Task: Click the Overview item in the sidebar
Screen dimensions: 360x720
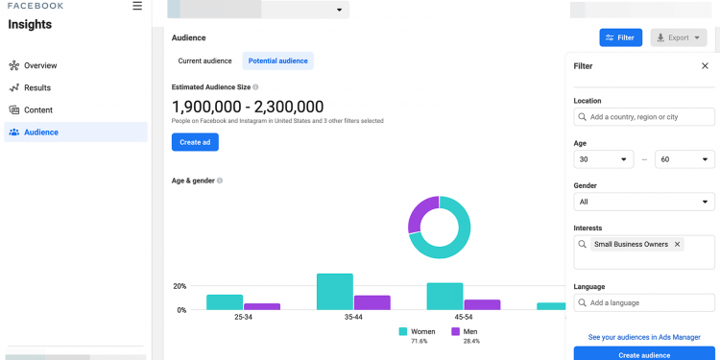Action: coord(40,65)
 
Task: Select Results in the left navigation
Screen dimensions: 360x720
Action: coord(37,87)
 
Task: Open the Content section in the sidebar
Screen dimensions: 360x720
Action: coord(38,109)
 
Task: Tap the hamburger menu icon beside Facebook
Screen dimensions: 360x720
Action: coord(137,6)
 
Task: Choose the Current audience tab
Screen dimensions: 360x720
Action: coord(204,60)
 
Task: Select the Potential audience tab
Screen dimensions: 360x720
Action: coord(277,60)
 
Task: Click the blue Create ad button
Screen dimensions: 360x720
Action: coord(195,142)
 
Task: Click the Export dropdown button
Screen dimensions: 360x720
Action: coord(679,37)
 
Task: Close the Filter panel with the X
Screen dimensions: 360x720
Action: coord(705,66)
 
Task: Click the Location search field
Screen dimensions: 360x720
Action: coord(644,117)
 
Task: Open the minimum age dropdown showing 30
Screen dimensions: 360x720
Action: coord(604,159)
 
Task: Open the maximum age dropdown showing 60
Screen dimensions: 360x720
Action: coord(684,159)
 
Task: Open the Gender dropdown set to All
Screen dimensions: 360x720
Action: coord(644,202)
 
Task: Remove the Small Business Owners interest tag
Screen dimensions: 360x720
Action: coord(677,245)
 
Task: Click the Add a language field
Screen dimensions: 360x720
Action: coord(644,302)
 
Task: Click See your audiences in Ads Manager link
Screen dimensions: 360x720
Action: coord(644,337)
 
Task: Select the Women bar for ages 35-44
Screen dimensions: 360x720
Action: coord(335,292)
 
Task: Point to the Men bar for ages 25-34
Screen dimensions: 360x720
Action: coord(262,306)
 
